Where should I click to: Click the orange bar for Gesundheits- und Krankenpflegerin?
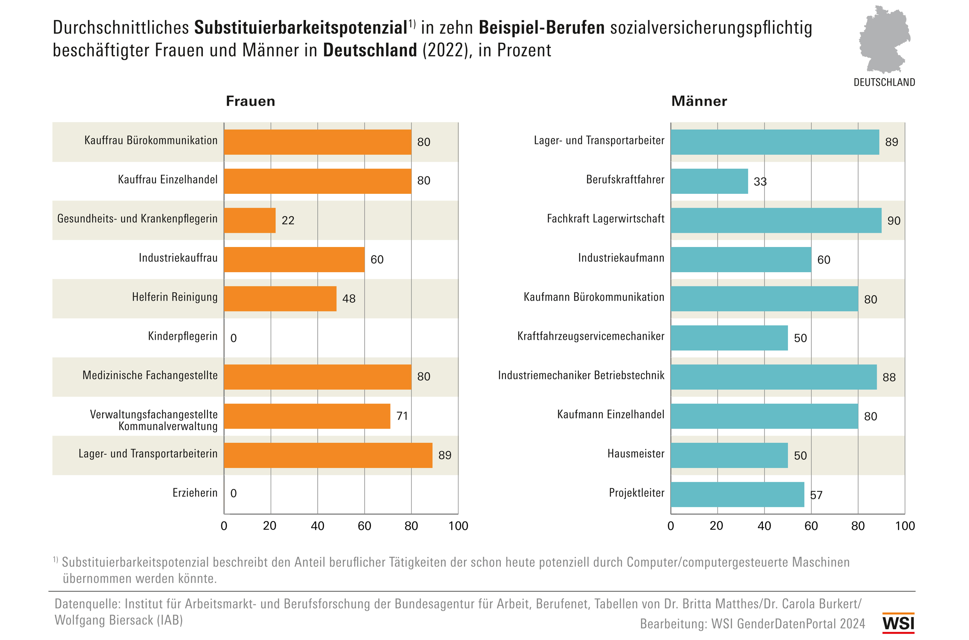(x=250, y=220)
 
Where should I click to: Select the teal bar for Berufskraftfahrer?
(x=709, y=181)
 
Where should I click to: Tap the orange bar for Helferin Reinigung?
(x=280, y=299)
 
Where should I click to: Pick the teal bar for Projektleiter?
(x=737, y=495)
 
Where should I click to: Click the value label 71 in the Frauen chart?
(x=402, y=416)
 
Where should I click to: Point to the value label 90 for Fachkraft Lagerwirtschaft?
(x=894, y=221)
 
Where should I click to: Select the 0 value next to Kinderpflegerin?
(x=234, y=338)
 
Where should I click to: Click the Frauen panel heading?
(x=251, y=101)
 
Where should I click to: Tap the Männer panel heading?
(x=699, y=101)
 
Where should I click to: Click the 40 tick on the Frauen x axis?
(x=317, y=526)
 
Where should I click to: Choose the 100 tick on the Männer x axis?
(x=904, y=526)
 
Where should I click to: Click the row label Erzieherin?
(x=195, y=493)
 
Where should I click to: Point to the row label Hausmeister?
(x=636, y=454)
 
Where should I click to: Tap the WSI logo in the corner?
(x=898, y=623)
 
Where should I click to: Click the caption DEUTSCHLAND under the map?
(x=884, y=82)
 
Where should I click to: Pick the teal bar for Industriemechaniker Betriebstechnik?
(x=773, y=377)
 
